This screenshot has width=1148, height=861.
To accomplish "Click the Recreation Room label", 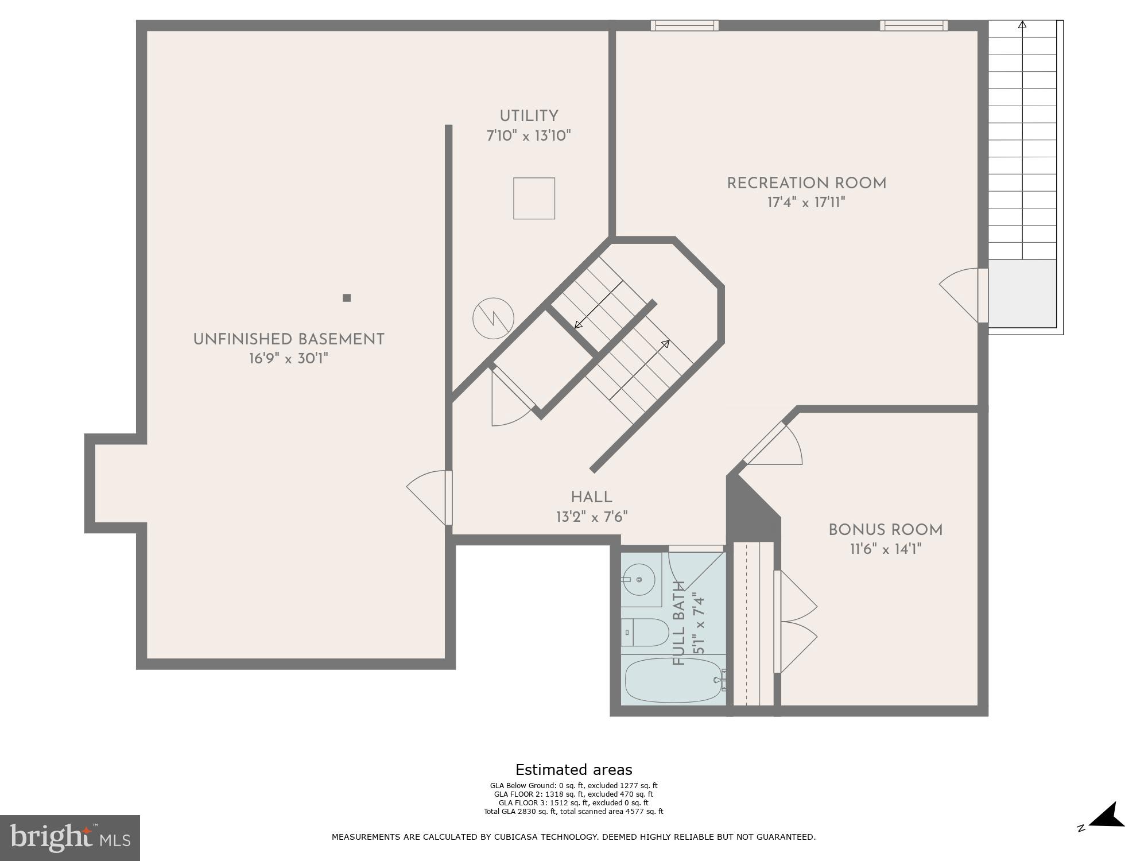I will click(x=806, y=184).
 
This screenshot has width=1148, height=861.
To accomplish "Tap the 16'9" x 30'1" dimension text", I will click(x=288, y=359).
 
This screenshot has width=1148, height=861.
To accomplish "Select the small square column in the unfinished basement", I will click(x=347, y=297).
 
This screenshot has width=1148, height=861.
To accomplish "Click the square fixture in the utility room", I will click(x=534, y=198).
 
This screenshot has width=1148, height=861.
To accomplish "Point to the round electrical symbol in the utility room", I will click(x=493, y=318).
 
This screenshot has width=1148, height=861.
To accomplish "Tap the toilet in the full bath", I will click(x=645, y=633).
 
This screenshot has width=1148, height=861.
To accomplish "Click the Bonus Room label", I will click(x=885, y=530).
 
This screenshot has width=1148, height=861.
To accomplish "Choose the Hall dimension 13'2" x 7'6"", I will click(x=591, y=517).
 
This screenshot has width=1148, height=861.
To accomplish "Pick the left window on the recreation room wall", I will click(x=684, y=25).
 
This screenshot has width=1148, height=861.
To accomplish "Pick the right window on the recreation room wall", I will click(x=914, y=25).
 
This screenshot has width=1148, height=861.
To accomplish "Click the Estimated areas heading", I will click(x=573, y=770).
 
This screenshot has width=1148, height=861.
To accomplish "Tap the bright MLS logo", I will click(x=69, y=838).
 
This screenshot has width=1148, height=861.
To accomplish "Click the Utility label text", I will click(x=529, y=117).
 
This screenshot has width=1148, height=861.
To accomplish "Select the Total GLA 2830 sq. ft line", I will click(x=573, y=812).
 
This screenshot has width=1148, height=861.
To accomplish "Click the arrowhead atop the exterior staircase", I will click(x=1022, y=25).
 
